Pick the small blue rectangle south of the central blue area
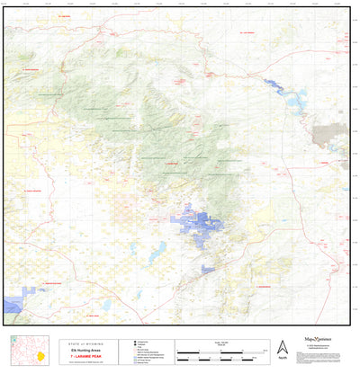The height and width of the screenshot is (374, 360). [x=208, y=268]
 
